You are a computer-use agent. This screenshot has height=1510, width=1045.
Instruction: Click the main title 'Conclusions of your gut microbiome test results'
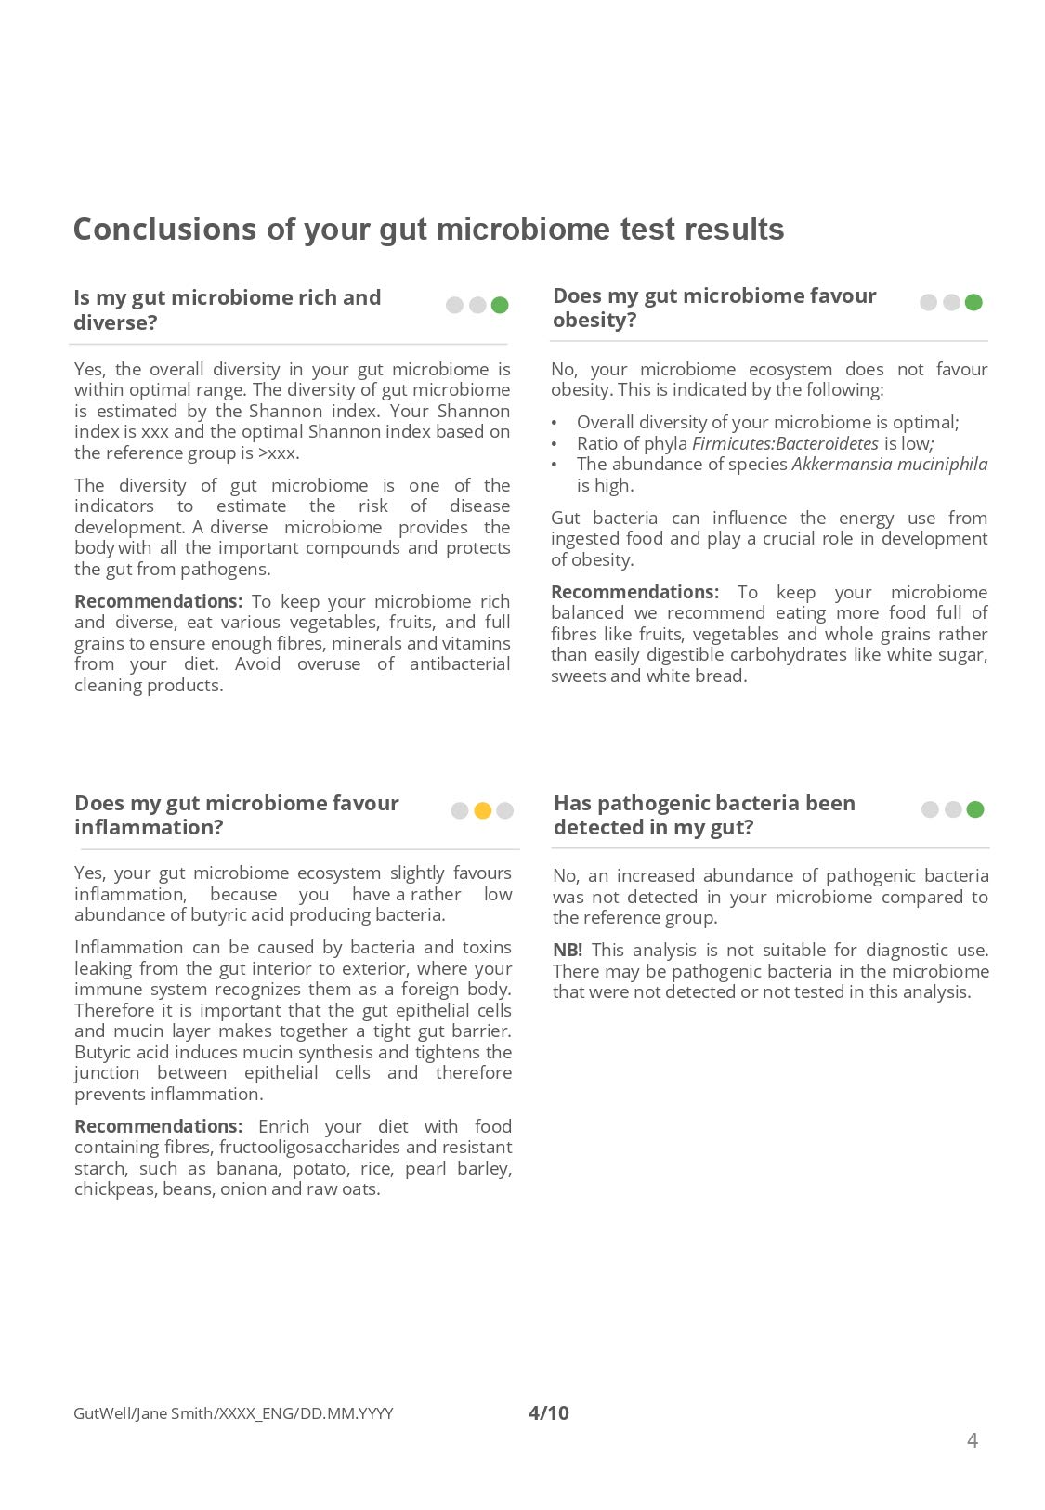pos(428,230)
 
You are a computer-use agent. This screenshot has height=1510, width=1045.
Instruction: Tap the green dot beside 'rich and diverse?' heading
pos(500,305)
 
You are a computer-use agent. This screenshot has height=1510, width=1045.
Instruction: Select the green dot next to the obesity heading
pos(973,302)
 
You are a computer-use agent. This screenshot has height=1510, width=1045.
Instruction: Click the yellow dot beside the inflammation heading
pos(482,810)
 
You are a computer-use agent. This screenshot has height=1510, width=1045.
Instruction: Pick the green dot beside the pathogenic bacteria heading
pos(974,809)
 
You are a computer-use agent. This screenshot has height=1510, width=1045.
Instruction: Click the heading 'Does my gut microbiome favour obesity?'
pos(714,308)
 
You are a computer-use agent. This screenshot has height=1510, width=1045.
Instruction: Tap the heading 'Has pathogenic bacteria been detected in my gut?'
pos(704,815)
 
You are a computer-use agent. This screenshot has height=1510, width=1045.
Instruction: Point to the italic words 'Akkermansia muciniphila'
pos(889,464)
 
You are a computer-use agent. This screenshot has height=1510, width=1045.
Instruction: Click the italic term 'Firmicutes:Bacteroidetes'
pos(785,443)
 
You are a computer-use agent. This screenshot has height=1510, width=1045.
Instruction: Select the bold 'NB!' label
pos(568,950)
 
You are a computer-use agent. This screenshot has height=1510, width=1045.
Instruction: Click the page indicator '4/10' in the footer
pos(548,1413)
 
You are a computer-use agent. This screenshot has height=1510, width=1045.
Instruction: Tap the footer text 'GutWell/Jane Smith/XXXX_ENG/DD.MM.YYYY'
pos(233,1413)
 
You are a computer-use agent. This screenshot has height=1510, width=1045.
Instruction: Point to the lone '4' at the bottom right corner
pos(973,1440)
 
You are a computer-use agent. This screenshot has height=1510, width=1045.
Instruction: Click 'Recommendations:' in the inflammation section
pos(158,1126)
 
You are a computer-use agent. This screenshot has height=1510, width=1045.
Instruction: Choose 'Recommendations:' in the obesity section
pos(634,592)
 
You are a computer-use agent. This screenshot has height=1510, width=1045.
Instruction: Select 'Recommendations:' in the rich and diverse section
pos(158,601)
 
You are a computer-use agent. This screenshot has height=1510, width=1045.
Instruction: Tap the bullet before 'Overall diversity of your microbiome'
pos(555,423)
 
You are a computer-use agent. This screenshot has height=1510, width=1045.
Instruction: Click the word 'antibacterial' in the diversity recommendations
pos(460,663)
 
